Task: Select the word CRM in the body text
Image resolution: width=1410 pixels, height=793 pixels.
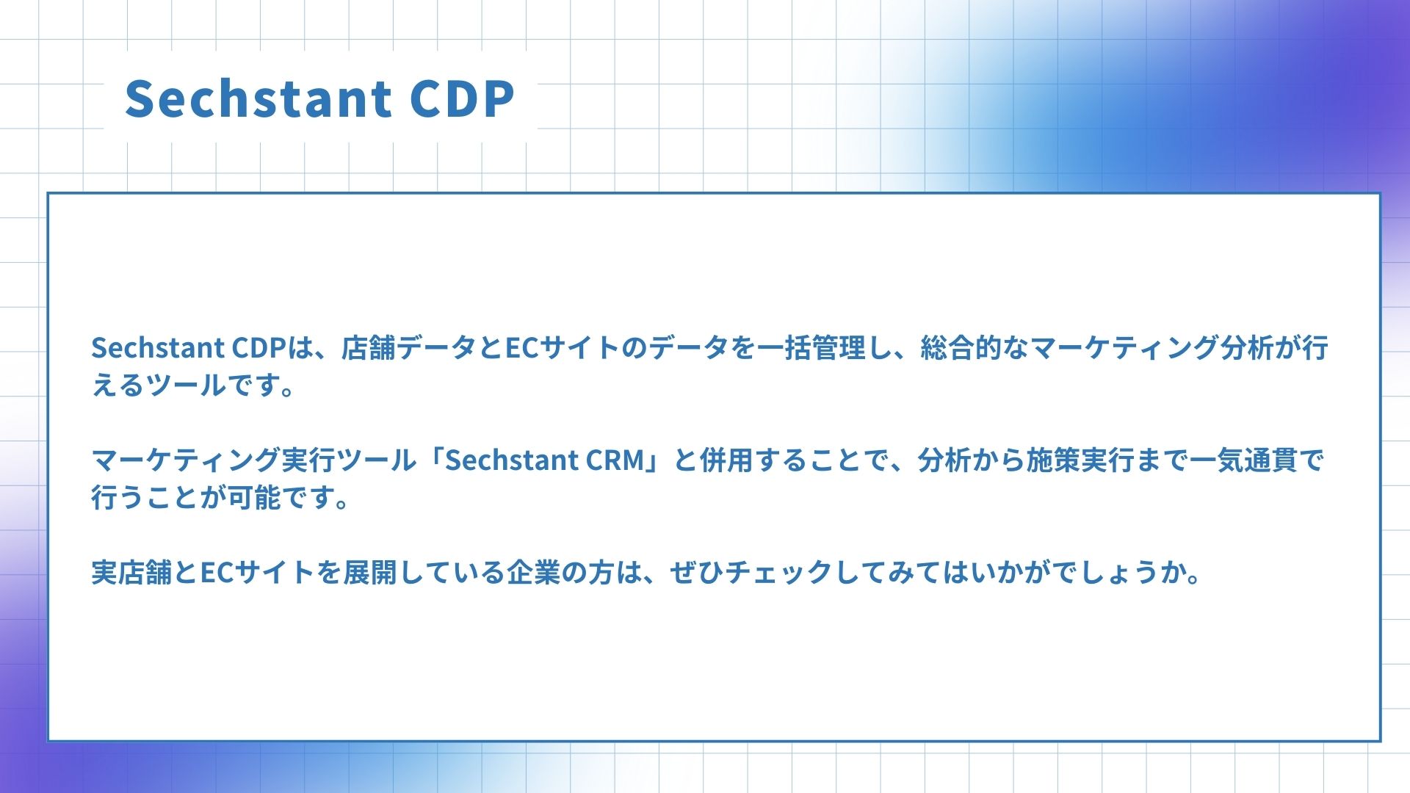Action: pos(615,460)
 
